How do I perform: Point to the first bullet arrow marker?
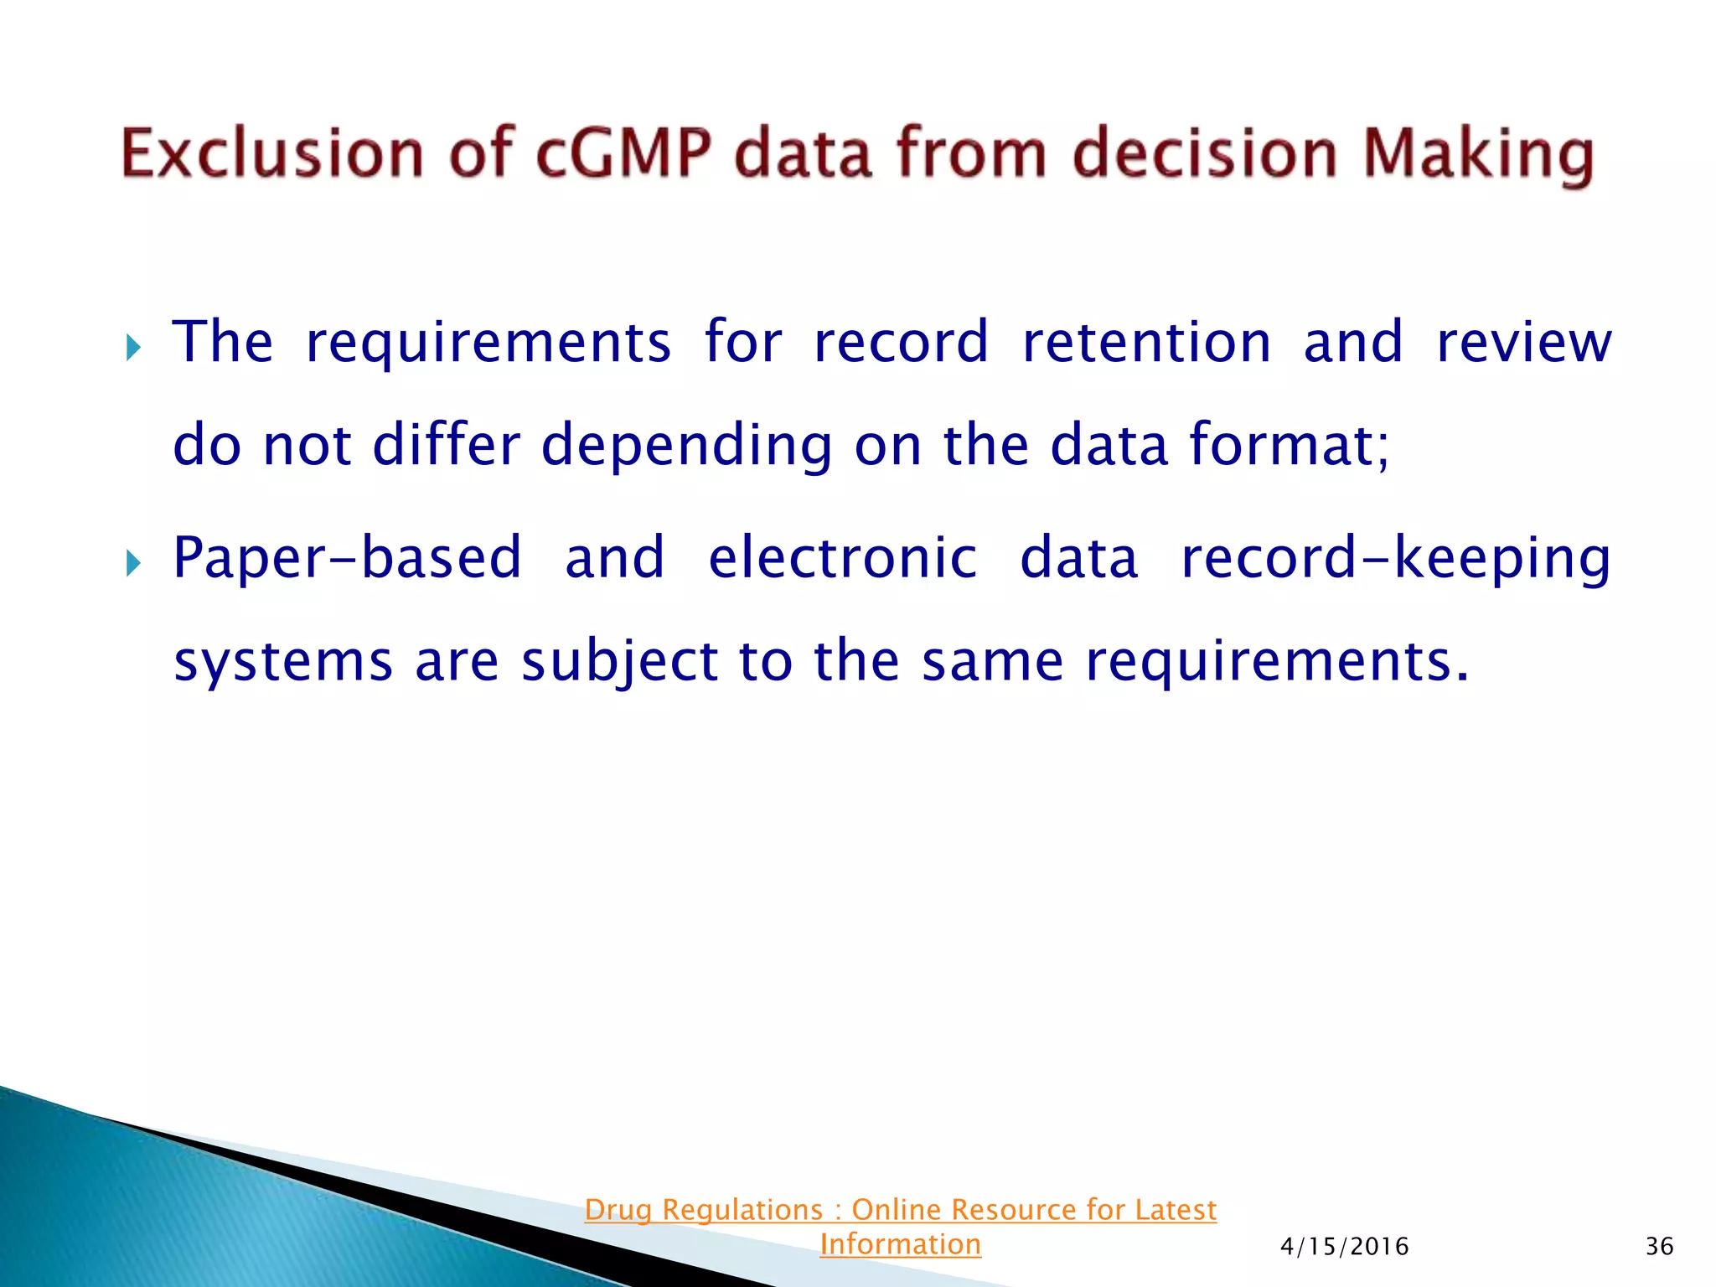(133, 346)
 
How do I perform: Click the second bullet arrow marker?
(133, 562)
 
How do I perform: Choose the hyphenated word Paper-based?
(347, 558)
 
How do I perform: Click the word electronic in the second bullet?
(842, 558)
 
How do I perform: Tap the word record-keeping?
(1395, 558)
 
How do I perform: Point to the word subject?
(619, 662)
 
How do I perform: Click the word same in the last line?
(992, 662)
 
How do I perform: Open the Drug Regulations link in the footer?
(900, 1210)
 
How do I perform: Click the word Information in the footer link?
(900, 1244)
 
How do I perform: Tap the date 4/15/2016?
(1344, 1247)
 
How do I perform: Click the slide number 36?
(1659, 1247)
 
